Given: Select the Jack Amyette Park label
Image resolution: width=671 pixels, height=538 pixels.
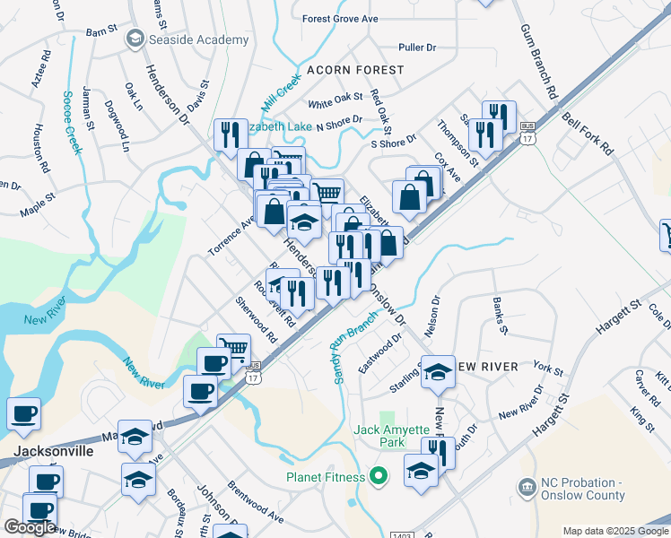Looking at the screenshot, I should click(x=391, y=437).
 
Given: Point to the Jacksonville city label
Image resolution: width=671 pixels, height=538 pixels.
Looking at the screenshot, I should click(x=53, y=451).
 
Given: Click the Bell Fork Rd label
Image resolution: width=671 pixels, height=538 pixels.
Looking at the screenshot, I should click(x=587, y=133).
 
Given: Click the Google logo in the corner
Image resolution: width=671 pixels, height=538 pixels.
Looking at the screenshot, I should click(x=30, y=527).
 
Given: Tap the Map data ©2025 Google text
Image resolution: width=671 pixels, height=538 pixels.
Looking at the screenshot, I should click(x=615, y=531).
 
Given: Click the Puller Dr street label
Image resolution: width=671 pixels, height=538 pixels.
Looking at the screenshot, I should click(x=417, y=47).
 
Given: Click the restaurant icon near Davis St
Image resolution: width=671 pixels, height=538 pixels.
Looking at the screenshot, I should click(x=231, y=134).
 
